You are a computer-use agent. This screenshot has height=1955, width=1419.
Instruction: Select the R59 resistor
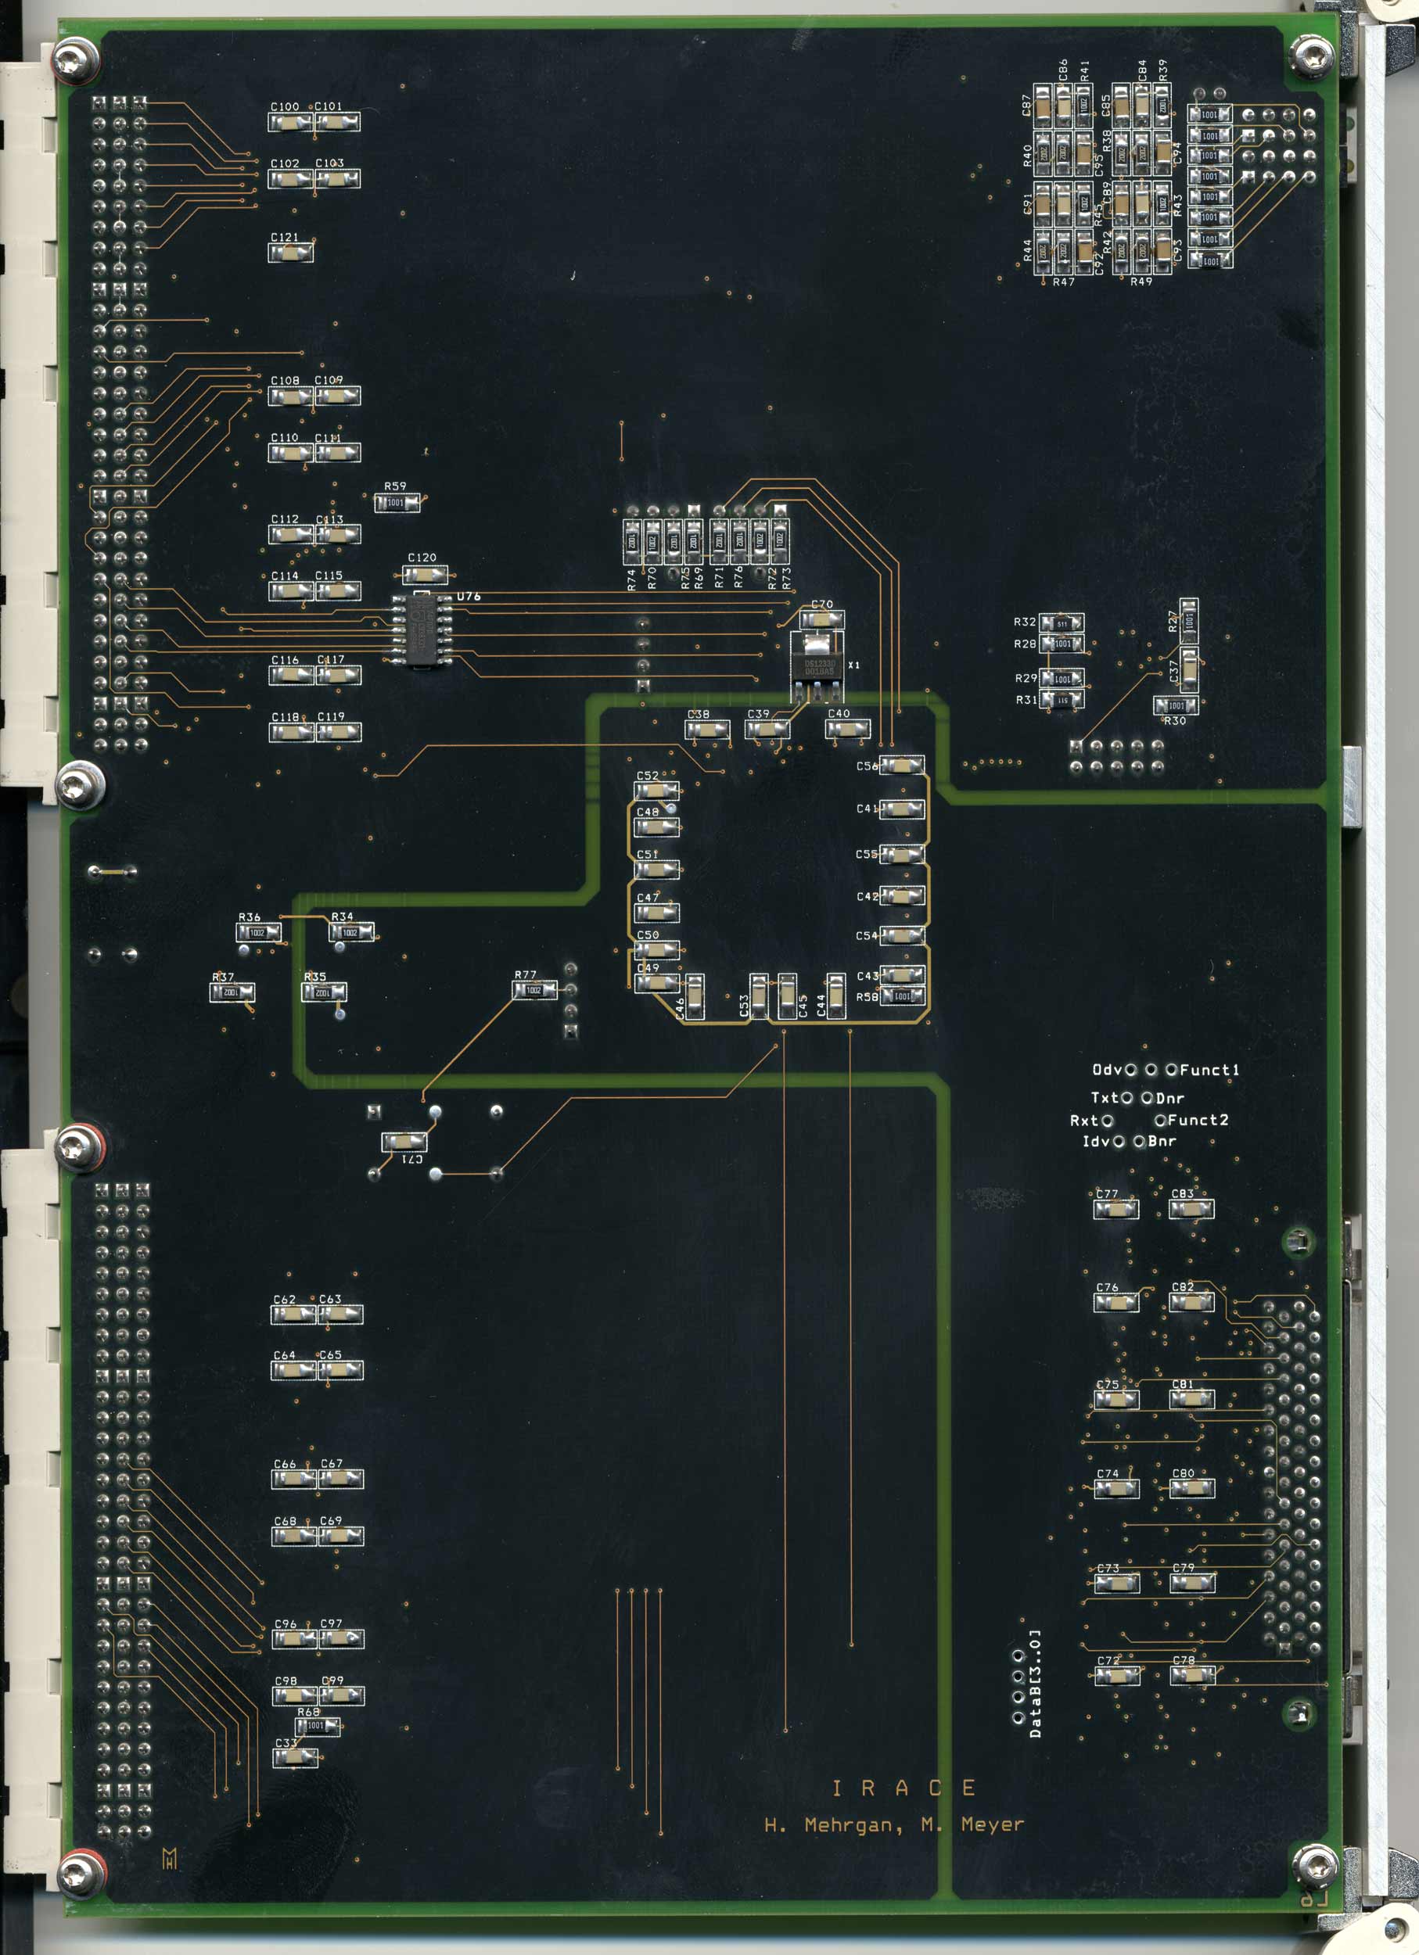point(397,503)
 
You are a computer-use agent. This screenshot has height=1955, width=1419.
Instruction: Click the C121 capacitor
point(290,253)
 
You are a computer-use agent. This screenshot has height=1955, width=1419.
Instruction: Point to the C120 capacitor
point(425,574)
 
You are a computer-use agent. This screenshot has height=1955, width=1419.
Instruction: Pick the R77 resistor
point(534,991)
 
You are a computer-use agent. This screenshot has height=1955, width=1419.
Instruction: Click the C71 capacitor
point(404,1143)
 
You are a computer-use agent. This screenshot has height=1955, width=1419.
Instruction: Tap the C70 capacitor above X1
point(821,620)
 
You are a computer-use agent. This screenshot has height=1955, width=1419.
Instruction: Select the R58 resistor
point(903,996)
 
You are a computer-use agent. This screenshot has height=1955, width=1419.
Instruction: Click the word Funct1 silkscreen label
point(1209,1070)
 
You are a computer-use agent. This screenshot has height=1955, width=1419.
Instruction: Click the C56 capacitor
point(902,766)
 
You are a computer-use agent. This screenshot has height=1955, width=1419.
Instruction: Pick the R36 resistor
point(259,933)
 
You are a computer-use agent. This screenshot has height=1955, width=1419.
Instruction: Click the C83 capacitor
point(1191,1210)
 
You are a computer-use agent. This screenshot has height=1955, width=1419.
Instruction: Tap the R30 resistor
point(1176,706)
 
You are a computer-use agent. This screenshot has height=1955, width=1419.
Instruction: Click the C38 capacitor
point(707,730)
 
